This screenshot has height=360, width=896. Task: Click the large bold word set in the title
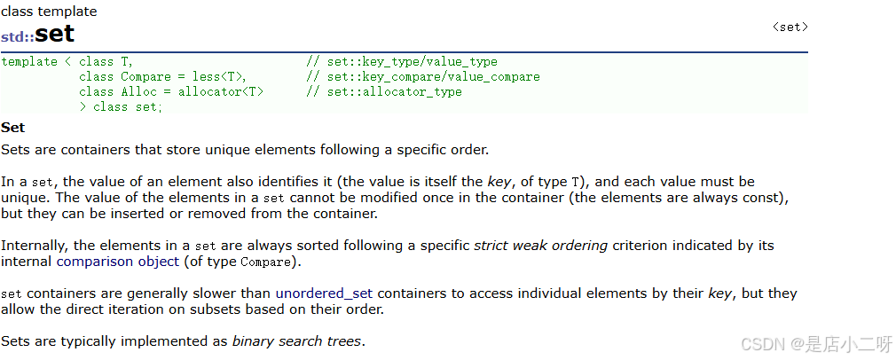(x=55, y=35)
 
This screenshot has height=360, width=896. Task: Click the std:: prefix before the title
(x=17, y=37)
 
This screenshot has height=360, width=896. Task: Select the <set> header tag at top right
(x=790, y=27)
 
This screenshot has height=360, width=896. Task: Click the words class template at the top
(x=49, y=12)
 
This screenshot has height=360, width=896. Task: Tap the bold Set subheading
(x=13, y=128)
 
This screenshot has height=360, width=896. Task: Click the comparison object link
(x=118, y=262)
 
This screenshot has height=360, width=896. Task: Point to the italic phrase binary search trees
(x=296, y=340)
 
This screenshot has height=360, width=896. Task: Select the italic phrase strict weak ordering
(x=540, y=245)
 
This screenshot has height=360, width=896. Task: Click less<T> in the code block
(x=219, y=77)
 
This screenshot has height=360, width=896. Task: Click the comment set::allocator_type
(x=394, y=92)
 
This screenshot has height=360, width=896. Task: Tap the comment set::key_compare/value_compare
(x=433, y=77)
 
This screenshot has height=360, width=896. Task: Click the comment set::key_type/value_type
(x=412, y=62)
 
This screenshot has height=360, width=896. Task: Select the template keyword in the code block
(x=30, y=62)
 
